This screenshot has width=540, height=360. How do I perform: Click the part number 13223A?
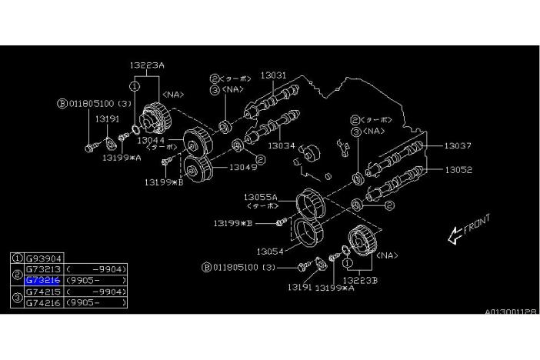(147, 65)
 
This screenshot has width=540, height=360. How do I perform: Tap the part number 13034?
(281, 145)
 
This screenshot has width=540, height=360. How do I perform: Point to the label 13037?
(458, 145)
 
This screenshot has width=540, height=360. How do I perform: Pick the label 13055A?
(262, 197)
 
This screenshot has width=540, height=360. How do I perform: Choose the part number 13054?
(271, 251)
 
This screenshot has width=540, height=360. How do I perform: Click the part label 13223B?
(360, 280)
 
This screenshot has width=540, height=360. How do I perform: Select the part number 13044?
(152, 140)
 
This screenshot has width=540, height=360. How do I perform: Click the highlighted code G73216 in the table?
(44, 281)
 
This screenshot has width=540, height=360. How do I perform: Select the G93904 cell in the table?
(44, 259)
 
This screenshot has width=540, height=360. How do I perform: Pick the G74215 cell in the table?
(44, 292)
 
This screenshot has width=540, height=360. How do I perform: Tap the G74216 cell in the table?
(44, 303)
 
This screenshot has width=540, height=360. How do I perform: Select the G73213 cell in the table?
(44, 270)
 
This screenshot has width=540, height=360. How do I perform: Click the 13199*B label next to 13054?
(235, 223)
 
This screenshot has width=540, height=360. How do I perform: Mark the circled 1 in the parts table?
(18, 259)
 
